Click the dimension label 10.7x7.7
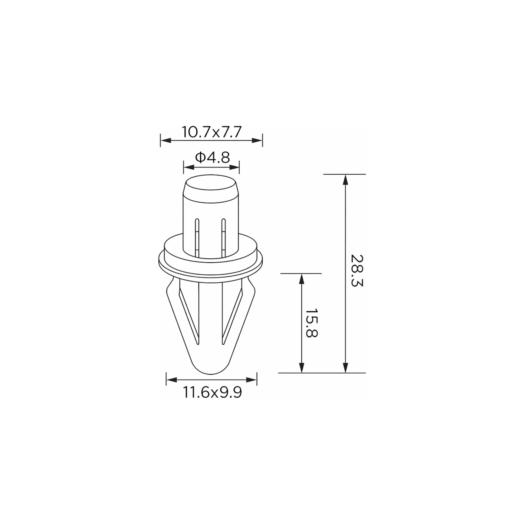tap(211, 132)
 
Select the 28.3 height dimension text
tap(357, 271)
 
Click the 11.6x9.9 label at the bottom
tap(212, 392)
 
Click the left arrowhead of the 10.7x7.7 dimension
tap(166, 140)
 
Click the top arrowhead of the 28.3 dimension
tap(345, 180)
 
